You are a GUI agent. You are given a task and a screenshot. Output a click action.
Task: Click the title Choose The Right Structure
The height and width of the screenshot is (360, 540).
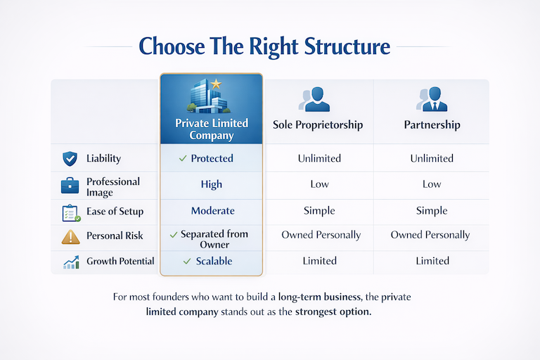point(264,46)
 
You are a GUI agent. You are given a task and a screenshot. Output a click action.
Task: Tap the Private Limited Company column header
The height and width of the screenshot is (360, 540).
point(211,129)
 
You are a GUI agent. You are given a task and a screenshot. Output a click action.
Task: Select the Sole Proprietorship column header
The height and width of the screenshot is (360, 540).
point(318,125)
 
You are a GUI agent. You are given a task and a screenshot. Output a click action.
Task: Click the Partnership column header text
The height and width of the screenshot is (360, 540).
point(432,125)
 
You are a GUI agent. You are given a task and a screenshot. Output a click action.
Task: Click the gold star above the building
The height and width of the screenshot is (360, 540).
point(216,84)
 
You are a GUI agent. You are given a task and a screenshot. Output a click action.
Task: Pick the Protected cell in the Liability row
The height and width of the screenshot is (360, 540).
point(212,159)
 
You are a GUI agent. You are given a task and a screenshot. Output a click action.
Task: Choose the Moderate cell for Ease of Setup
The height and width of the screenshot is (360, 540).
point(212,211)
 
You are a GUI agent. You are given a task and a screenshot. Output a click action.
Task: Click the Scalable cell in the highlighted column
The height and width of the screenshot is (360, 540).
point(212,261)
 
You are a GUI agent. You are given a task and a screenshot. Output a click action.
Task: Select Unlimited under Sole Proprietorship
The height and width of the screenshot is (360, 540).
point(319,159)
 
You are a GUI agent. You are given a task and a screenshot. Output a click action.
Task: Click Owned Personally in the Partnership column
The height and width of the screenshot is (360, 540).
point(430,235)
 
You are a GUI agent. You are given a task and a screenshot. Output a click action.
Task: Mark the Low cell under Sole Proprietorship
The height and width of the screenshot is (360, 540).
point(319,184)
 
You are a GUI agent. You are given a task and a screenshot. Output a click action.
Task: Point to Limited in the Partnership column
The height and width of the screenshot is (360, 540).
point(432,261)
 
